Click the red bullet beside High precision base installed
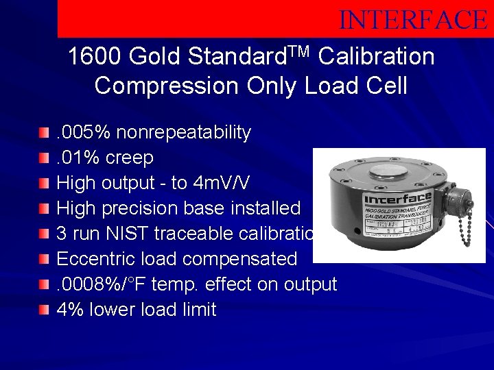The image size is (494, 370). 45,208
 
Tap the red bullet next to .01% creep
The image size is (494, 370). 45,158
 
